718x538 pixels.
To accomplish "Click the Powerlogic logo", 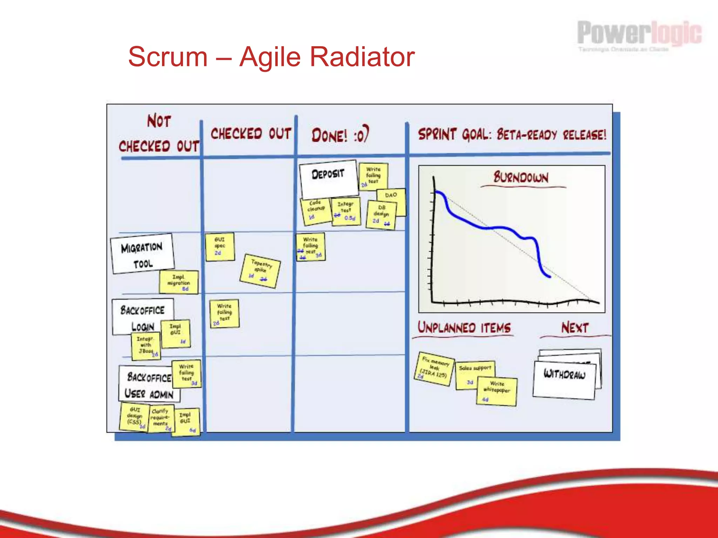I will pos(639,35).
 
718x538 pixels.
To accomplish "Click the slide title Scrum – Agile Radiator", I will pos(271,57).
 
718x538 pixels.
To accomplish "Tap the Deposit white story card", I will pos(328,178).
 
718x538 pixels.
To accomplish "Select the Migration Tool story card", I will pos(142,253).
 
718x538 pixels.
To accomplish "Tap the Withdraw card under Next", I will pos(564,380).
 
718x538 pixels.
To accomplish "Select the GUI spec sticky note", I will pos(220,247).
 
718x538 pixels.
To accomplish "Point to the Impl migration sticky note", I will pos(178,282).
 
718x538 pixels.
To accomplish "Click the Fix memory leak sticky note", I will pos(434,369).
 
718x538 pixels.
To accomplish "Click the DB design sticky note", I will pos(381,214).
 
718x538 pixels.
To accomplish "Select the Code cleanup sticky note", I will pos(316,211).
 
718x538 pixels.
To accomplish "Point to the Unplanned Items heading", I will pos(464,328).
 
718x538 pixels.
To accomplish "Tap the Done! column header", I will pos(340,135).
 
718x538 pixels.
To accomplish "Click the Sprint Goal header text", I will pos(512,134).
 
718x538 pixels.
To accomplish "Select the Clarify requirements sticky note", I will pos(161,418).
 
